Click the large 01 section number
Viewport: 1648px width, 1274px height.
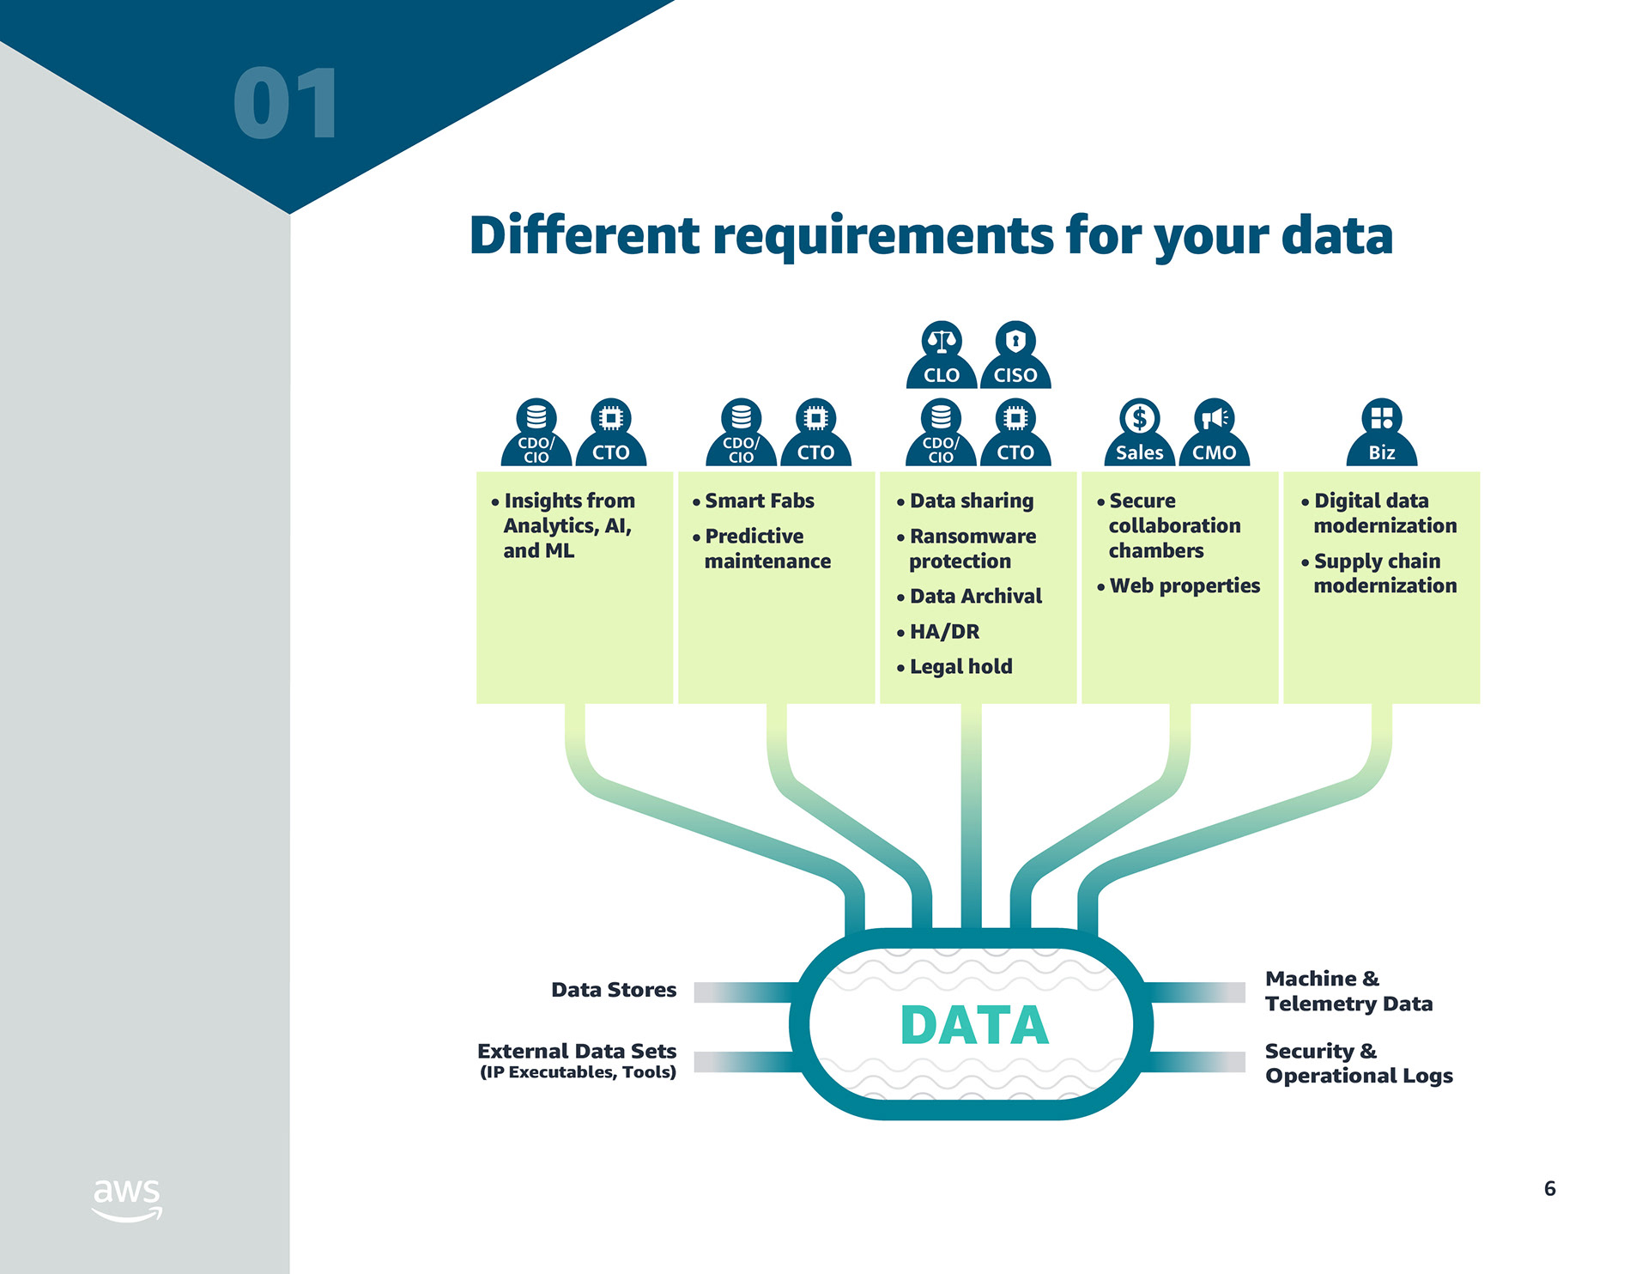pyautogui.click(x=286, y=104)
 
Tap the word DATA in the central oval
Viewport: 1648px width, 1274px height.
pyautogui.click(x=974, y=1025)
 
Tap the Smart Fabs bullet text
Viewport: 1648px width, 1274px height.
pyautogui.click(x=759, y=500)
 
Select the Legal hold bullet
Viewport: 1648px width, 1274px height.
pyautogui.click(x=960, y=666)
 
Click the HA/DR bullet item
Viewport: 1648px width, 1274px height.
pyautogui.click(x=944, y=631)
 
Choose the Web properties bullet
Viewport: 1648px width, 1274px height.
pyautogui.click(x=1184, y=585)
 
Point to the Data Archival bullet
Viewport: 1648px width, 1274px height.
pyautogui.click(x=975, y=596)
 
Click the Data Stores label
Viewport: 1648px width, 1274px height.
pyautogui.click(x=614, y=990)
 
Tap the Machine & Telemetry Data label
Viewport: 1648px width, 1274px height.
pyautogui.click(x=1348, y=991)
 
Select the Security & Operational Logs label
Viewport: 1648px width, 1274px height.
pyautogui.click(x=1358, y=1063)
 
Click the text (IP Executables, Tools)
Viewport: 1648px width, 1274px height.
pyautogui.click(x=578, y=1072)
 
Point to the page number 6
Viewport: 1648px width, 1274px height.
pyautogui.click(x=1549, y=1188)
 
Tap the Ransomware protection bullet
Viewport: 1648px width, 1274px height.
pyautogui.click(x=972, y=548)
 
